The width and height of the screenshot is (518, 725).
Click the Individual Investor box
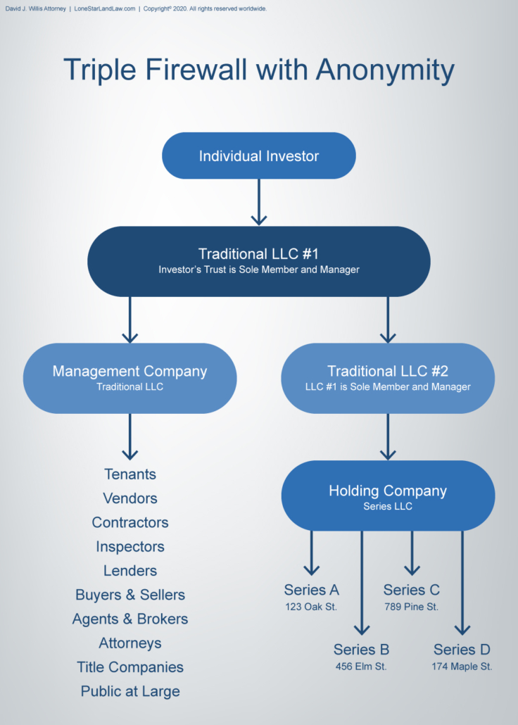[258, 156]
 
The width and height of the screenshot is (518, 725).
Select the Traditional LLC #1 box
[258, 261]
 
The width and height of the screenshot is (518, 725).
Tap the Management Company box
[129, 378]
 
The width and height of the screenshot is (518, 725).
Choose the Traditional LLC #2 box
[388, 378]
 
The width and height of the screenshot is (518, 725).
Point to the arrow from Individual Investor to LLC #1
[259, 202]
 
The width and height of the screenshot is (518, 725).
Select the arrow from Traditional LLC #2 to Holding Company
[388, 436]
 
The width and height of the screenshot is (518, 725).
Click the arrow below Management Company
[129, 436]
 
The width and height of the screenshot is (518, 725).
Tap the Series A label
[311, 590]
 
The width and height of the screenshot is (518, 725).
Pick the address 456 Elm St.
[361, 666]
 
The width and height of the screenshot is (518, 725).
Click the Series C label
[411, 590]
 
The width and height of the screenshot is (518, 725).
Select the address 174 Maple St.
[462, 666]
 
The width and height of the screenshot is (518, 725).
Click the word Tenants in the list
[129, 474]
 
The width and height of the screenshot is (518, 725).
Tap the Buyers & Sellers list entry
[129, 595]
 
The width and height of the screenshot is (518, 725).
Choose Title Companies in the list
[129, 667]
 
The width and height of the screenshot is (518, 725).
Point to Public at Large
[129, 691]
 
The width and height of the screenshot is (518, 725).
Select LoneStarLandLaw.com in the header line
[104, 9]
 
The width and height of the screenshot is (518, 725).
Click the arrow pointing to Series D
[462, 584]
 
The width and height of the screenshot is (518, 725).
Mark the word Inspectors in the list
[129, 547]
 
